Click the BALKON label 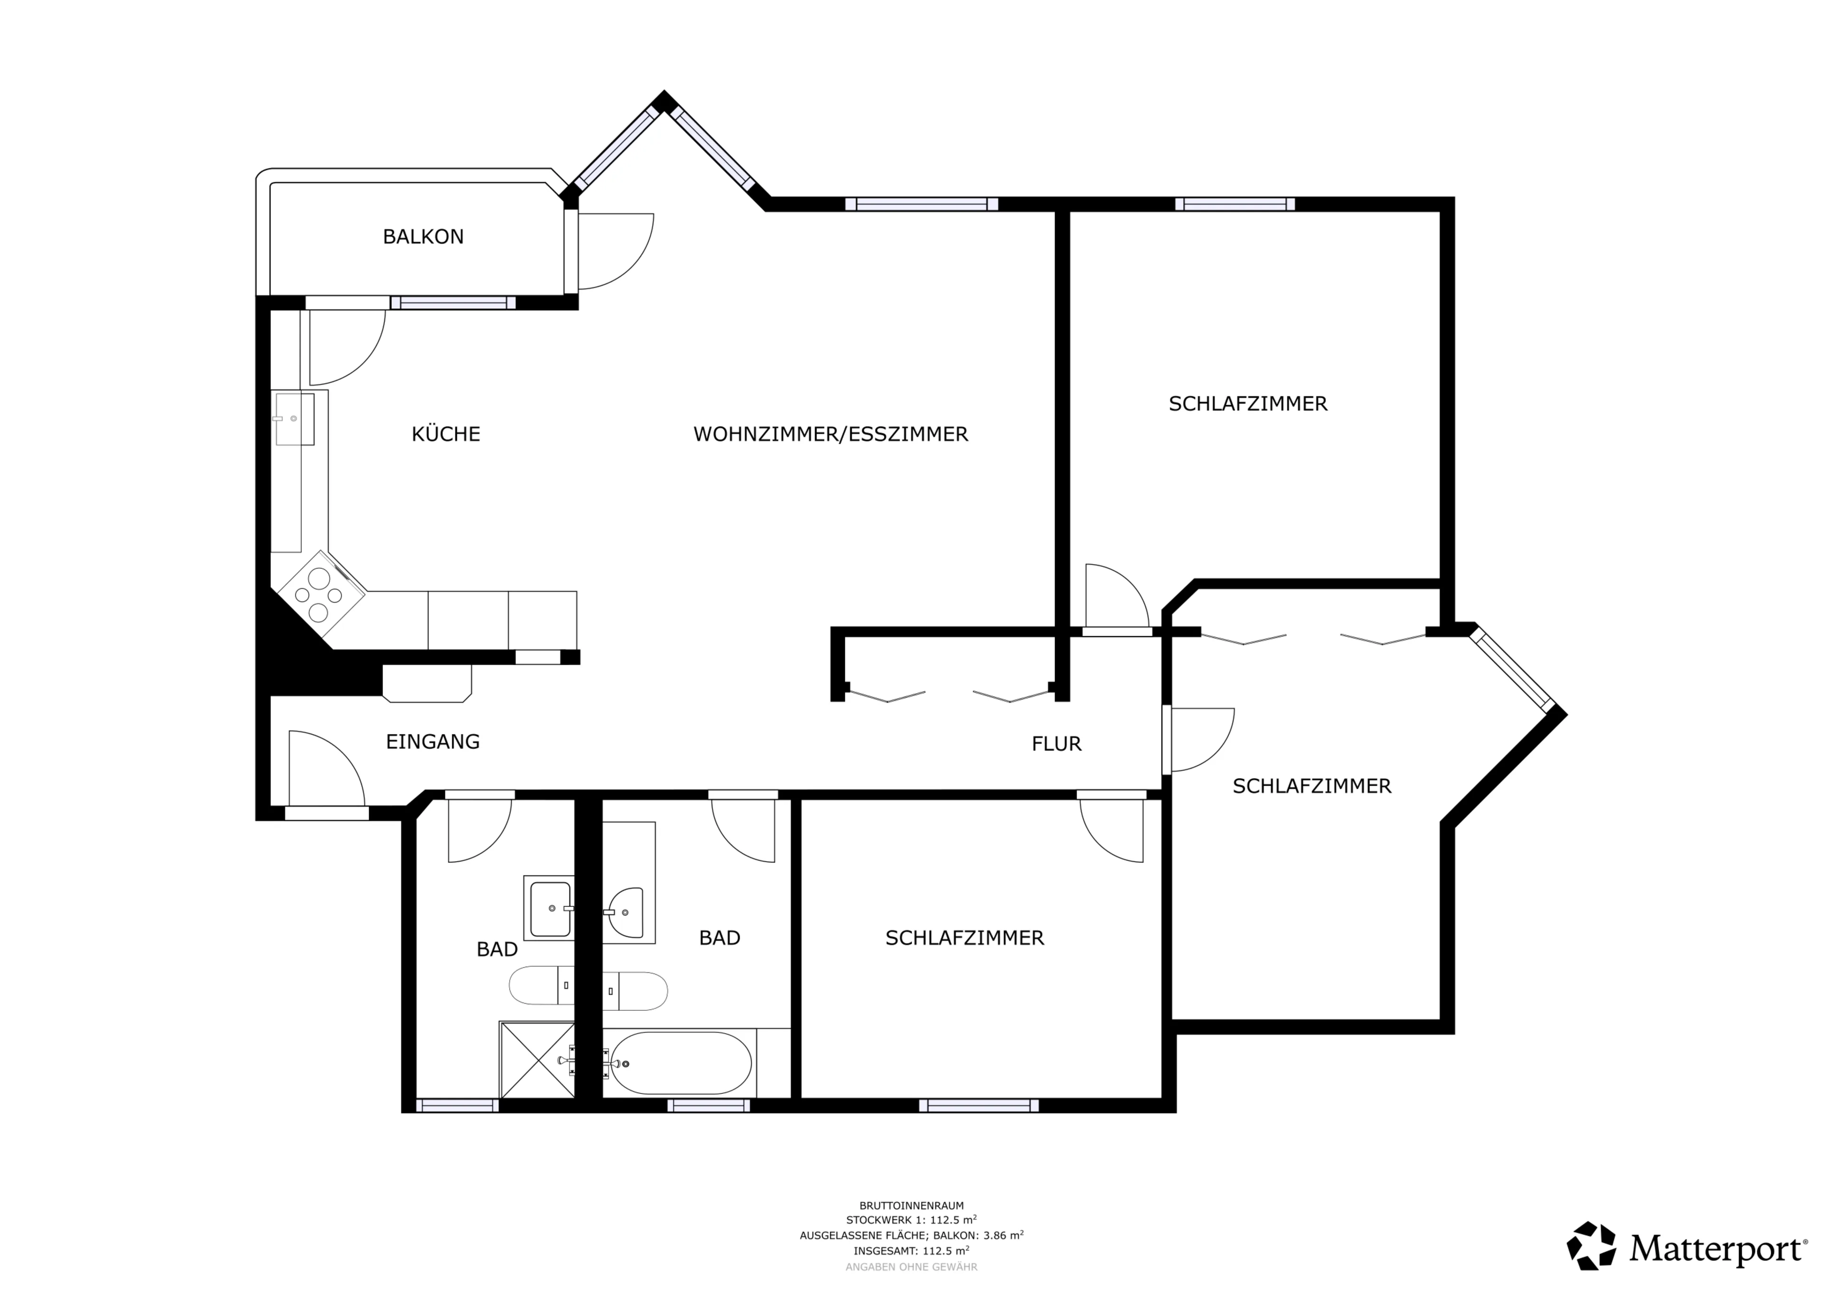pyautogui.click(x=423, y=237)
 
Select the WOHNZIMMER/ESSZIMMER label pyautogui.click(x=830, y=434)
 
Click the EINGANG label pyautogui.click(x=433, y=742)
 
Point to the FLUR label pyautogui.click(x=1056, y=744)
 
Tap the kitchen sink pyautogui.click(x=294, y=419)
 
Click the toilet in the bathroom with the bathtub pyautogui.click(x=636, y=991)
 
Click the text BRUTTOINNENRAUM pyautogui.click(x=911, y=1205)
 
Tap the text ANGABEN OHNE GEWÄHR pyautogui.click(x=911, y=1267)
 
